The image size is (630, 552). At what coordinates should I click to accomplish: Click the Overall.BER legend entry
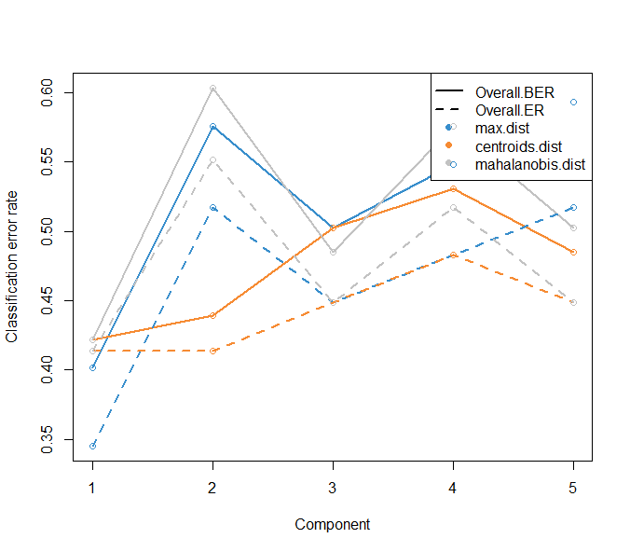point(514,92)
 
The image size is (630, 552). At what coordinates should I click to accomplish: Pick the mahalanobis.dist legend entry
point(528,164)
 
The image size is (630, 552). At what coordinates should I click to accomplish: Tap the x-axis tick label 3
point(333,488)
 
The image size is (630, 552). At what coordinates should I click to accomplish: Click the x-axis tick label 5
point(573,488)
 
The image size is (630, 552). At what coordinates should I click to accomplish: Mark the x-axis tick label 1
point(92,488)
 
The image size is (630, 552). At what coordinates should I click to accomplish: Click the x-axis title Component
point(333,524)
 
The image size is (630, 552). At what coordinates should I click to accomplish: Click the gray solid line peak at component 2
point(212,89)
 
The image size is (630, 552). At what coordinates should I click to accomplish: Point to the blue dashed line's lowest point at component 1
point(92,446)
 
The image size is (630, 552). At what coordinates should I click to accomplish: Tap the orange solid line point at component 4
point(453,189)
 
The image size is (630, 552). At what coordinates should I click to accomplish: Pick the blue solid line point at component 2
point(212,127)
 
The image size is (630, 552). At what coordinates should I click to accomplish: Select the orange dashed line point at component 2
point(212,351)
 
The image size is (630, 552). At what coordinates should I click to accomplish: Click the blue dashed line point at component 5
point(573,207)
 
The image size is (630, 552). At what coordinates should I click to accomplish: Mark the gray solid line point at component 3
point(333,252)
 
